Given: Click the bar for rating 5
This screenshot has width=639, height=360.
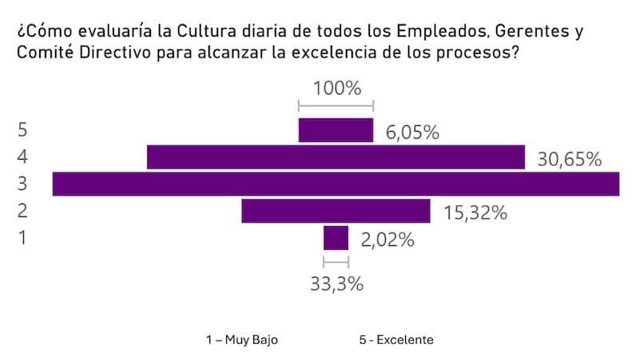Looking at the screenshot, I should pyautogui.click(x=335, y=130).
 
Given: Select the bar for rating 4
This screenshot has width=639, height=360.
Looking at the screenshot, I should pyautogui.click(x=335, y=157).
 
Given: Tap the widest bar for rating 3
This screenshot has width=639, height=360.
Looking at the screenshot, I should pyautogui.click(x=335, y=184).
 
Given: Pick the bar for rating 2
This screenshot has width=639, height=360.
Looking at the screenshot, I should pyautogui.click(x=335, y=211).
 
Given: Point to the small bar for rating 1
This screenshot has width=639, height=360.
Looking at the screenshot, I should pyautogui.click(x=335, y=238).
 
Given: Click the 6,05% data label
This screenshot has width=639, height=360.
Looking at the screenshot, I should pyautogui.click(x=413, y=133).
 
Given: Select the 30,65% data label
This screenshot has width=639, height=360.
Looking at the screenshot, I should pyautogui.click(x=569, y=160).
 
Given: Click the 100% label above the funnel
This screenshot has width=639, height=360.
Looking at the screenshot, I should pyautogui.click(x=336, y=87).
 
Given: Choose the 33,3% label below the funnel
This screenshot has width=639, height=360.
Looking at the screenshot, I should pyautogui.click(x=336, y=283).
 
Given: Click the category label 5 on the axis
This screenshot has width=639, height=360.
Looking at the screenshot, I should pyautogui.click(x=22, y=130).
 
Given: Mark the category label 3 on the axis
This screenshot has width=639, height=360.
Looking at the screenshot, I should pyautogui.click(x=22, y=184).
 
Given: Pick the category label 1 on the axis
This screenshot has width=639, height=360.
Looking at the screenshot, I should pyautogui.click(x=22, y=238).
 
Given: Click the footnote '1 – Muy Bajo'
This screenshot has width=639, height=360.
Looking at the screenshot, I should pyautogui.click(x=242, y=339).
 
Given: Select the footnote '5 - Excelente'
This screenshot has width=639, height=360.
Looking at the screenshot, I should pyautogui.click(x=396, y=339).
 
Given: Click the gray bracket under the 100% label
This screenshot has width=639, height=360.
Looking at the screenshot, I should pyautogui.click(x=335, y=105).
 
